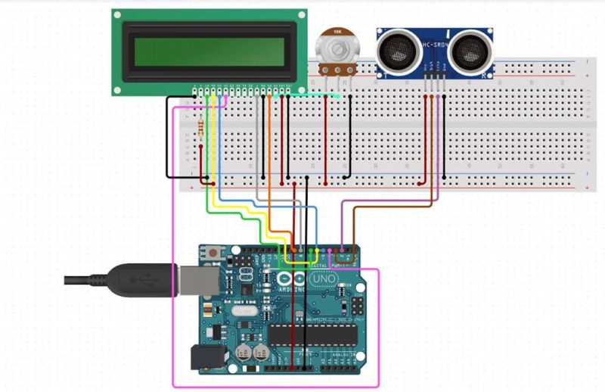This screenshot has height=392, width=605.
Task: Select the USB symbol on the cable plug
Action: point(139,279)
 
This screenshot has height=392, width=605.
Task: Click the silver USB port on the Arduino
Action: point(194,279)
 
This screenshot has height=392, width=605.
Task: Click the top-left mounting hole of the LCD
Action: point(119,15)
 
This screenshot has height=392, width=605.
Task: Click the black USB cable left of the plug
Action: point(83,280)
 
